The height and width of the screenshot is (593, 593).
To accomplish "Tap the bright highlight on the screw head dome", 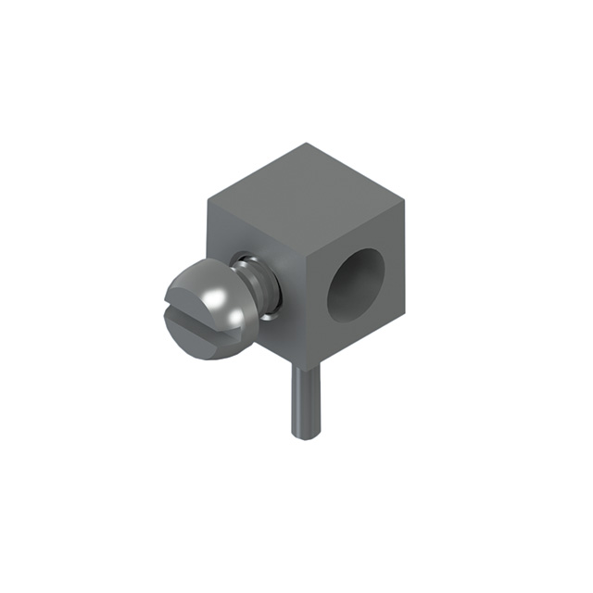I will (x=215, y=299).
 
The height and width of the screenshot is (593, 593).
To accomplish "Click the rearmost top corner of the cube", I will (x=307, y=143).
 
